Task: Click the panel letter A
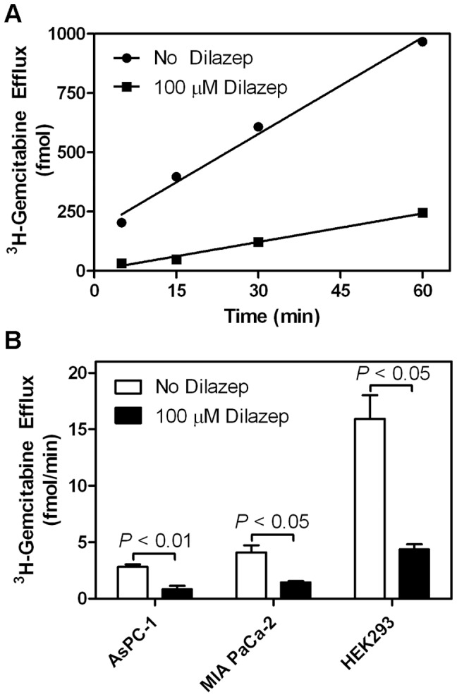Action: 13,12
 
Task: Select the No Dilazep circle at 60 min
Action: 422,42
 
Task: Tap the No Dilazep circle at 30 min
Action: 258,127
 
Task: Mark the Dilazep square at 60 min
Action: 422,212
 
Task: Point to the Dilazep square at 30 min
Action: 258,242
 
